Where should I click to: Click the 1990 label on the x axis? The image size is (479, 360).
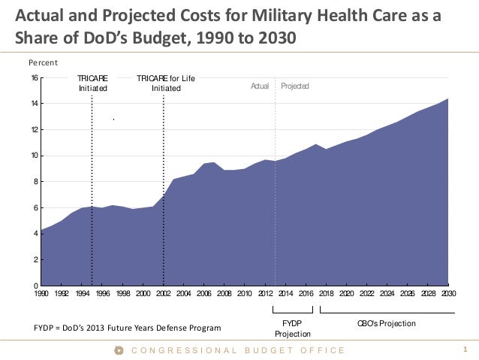pos(41,294)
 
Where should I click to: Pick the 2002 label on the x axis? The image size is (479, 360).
pos(164,294)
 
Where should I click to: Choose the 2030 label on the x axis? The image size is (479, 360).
pos(448,294)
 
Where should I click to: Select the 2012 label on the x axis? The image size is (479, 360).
pos(265,294)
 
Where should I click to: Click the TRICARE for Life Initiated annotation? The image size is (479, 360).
pos(166,83)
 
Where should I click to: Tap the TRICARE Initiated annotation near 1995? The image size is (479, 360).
pos(93,83)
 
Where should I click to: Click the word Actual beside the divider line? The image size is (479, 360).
pos(260,87)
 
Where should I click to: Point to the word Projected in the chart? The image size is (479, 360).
pos(295,87)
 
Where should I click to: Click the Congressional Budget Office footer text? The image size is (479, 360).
pos(237,350)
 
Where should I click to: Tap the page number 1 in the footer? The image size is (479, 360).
pos(466,349)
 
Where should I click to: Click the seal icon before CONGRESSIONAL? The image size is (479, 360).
pos(118,350)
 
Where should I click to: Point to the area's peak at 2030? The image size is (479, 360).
pos(448,99)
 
